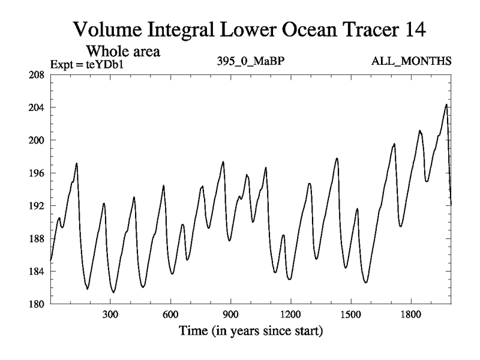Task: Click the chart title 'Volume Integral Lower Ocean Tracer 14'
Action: tap(249, 29)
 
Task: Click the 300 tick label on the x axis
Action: tap(110, 314)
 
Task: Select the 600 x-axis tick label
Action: tap(170, 314)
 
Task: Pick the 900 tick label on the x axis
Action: tap(230, 314)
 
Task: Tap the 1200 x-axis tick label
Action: tap(290, 314)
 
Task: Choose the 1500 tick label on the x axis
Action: tap(350, 314)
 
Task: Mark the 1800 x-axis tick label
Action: tap(410, 314)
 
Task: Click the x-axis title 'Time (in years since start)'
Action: tap(250, 331)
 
